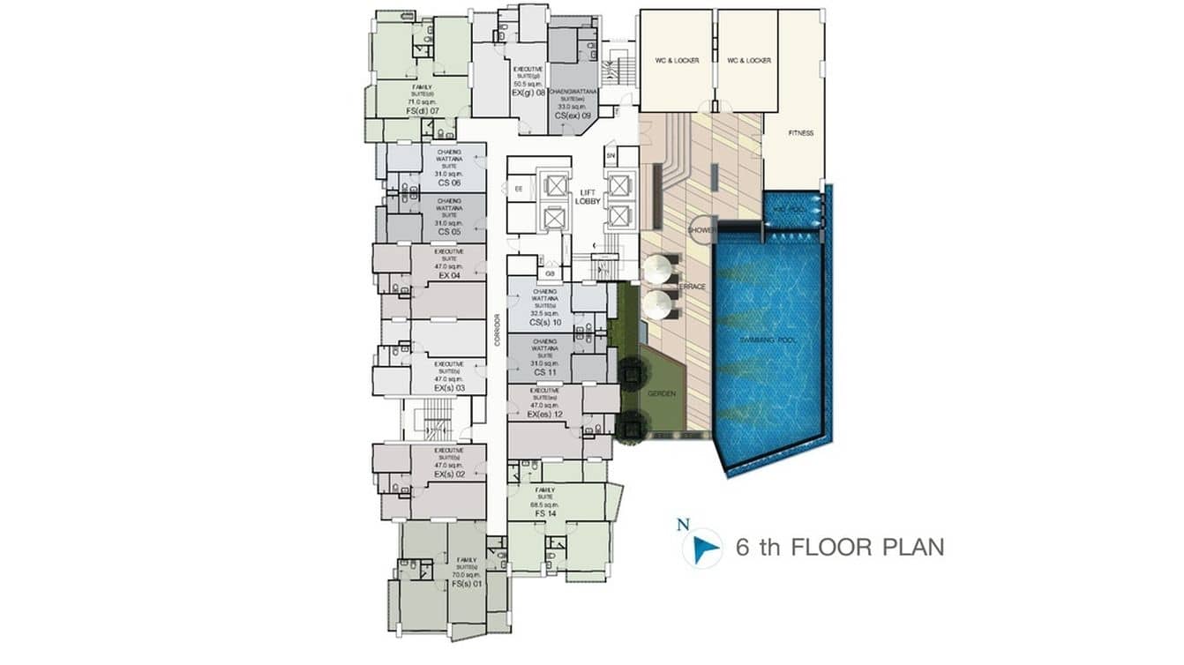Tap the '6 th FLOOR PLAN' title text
click(x=839, y=547)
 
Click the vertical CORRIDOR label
click(x=497, y=330)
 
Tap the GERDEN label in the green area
click(x=662, y=393)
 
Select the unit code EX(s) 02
click(x=448, y=474)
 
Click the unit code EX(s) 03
click(x=448, y=388)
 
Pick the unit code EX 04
click(x=448, y=276)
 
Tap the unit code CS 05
click(x=448, y=232)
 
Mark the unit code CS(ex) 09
click(x=572, y=115)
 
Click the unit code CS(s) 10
click(x=545, y=323)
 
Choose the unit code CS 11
click(x=544, y=374)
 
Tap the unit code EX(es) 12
click(x=544, y=414)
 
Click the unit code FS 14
click(x=545, y=513)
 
